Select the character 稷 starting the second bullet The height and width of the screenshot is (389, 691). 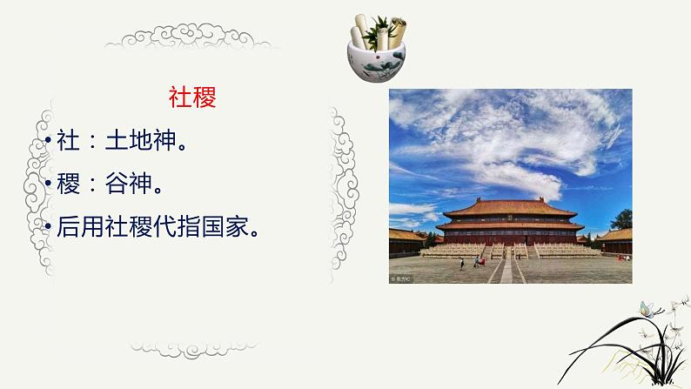tap(67, 184)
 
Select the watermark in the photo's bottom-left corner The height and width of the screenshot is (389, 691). tap(403, 278)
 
